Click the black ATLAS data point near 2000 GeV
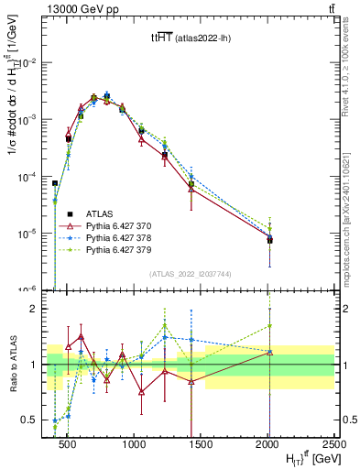269,240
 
